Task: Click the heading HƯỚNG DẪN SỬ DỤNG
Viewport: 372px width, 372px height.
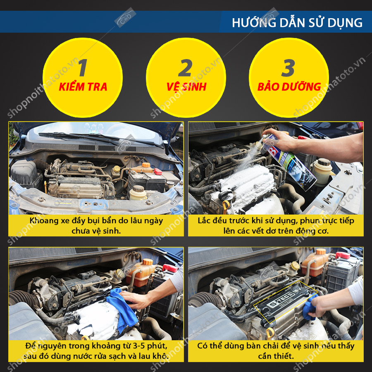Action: coord(297,23)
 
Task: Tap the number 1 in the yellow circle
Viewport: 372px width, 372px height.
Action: coord(83,68)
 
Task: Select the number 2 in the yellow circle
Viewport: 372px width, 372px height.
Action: coord(185,68)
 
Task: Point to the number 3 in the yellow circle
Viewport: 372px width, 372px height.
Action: coord(288,68)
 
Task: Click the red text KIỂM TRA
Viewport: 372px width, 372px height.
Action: coord(83,87)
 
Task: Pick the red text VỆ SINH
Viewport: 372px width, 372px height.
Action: coord(186,87)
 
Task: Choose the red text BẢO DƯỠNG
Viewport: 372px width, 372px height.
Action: coord(289,87)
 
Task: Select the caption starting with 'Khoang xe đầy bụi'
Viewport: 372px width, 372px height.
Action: coord(96,226)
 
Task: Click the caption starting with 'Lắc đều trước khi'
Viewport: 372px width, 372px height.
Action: coord(276,226)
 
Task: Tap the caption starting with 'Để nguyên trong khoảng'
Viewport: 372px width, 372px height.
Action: coord(96,351)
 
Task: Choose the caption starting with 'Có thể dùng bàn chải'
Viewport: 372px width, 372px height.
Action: coord(276,351)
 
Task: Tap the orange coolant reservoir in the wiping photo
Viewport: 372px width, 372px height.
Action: coord(141,273)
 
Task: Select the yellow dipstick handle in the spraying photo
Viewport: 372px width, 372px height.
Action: coord(226,206)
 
